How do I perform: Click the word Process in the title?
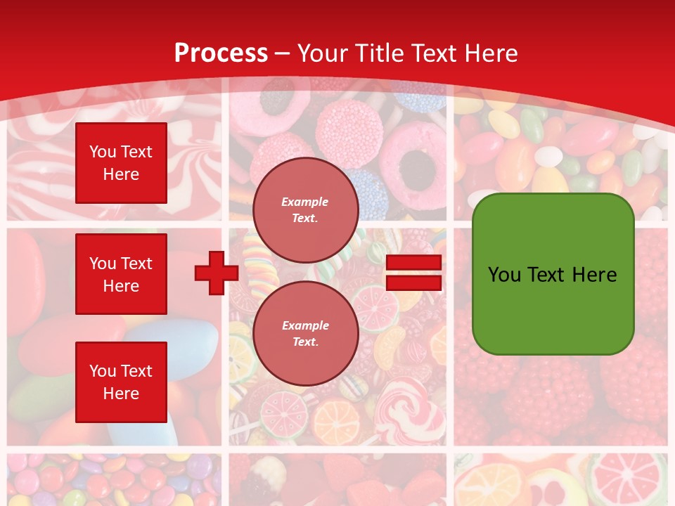click(221, 53)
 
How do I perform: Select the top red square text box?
click(121, 163)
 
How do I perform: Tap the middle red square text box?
click(121, 274)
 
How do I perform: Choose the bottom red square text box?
click(121, 382)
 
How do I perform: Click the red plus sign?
click(216, 273)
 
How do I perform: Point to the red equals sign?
click(413, 273)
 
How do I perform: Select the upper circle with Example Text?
click(305, 209)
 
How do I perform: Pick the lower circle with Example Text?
click(305, 333)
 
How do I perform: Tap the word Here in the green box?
click(594, 275)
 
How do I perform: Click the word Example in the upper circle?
click(304, 202)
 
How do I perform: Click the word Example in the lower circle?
click(304, 325)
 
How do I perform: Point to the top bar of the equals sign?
click(413, 262)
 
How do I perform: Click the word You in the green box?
click(505, 275)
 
